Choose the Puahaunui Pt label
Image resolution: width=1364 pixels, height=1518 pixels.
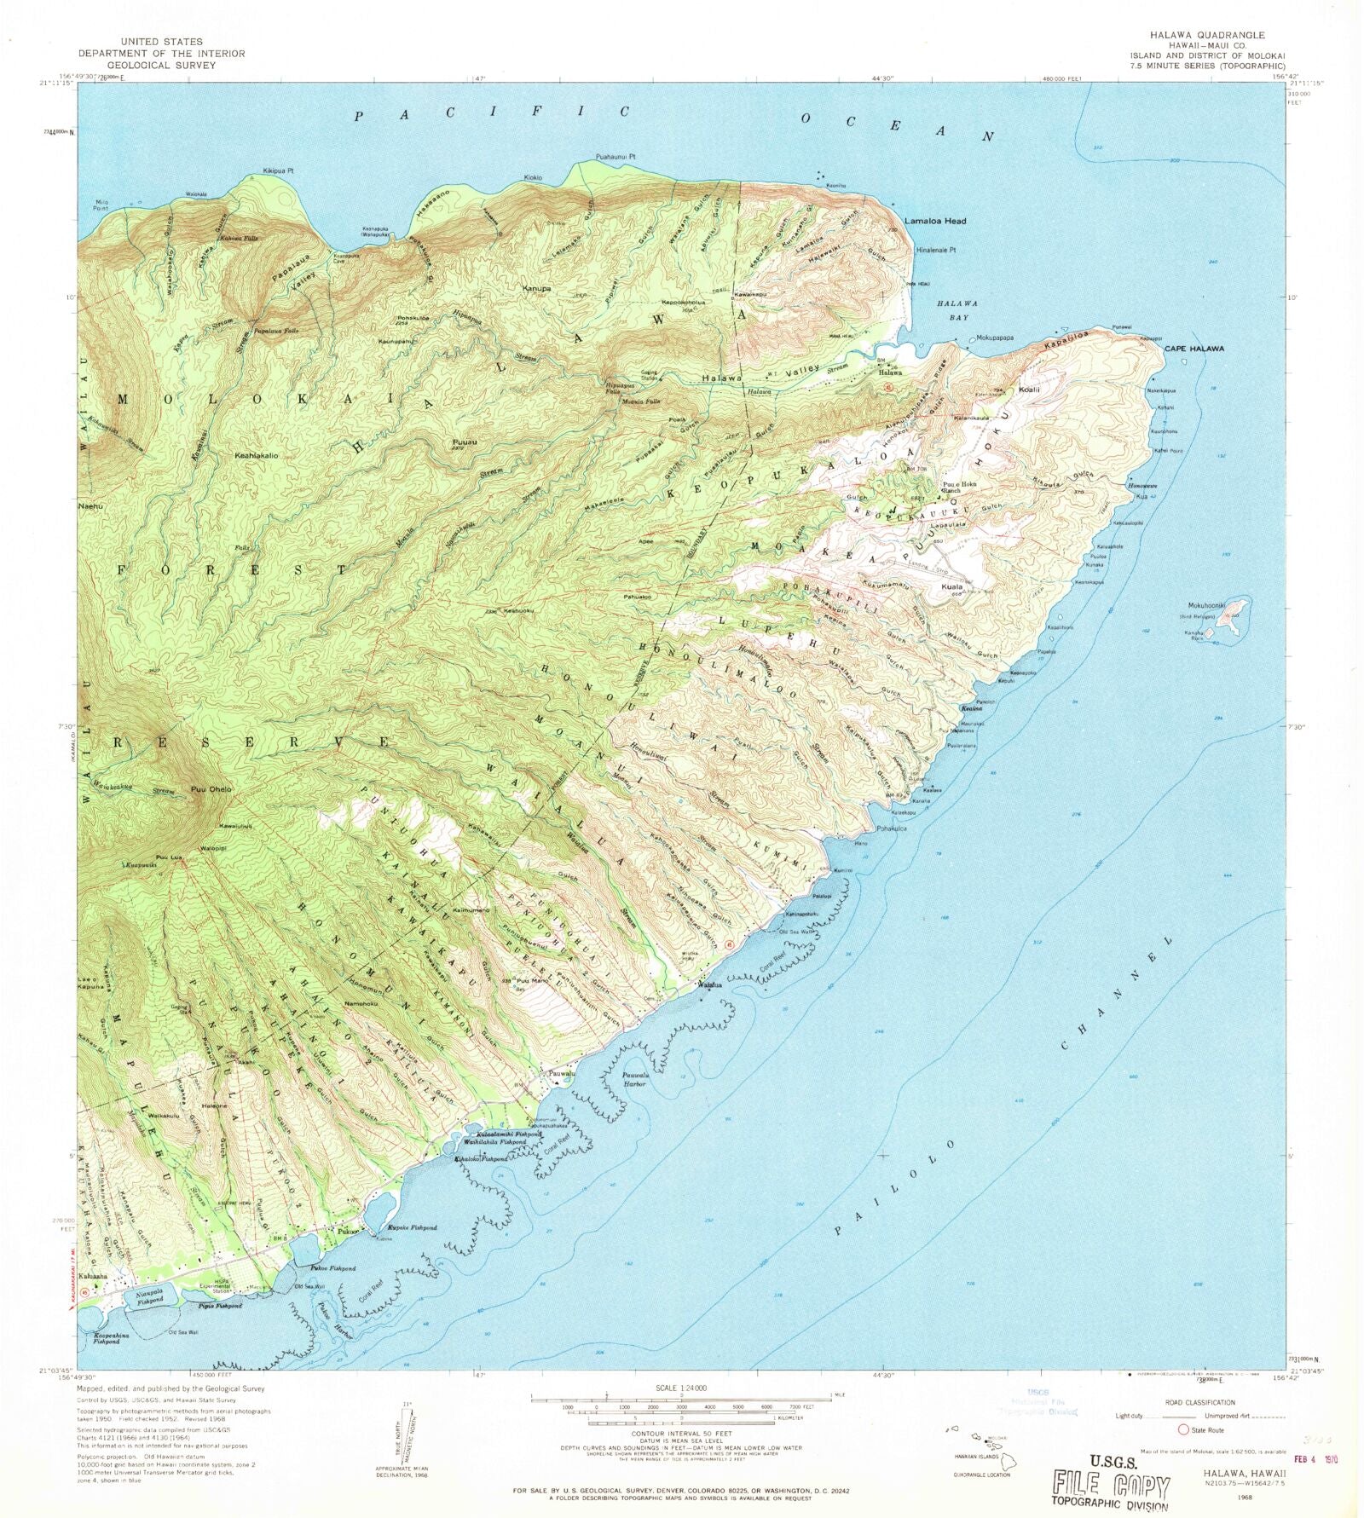[x=616, y=158]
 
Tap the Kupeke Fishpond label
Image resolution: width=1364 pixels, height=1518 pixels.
[x=413, y=1228]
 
